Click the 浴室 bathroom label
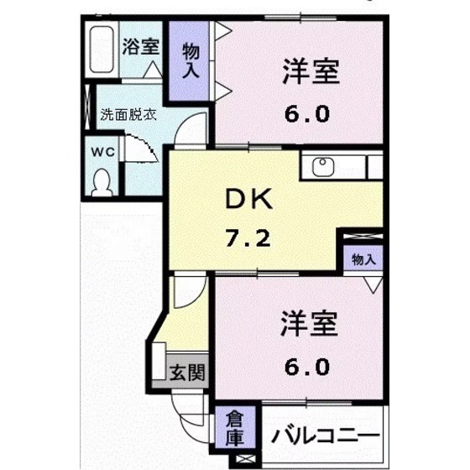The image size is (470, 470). (x=140, y=46)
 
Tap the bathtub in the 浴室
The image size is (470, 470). (x=102, y=52)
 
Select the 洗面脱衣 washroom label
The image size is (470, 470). (x=128, y=115)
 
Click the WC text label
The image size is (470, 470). (x=102, y=152)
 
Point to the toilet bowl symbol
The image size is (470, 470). (x=102, y=180)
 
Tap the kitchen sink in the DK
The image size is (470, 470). (x=323, y=166)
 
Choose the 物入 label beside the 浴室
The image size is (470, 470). (x=191, y=60)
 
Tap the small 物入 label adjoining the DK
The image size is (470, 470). (x=363, y=259)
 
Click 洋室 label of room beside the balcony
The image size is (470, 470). (x=308, y=323)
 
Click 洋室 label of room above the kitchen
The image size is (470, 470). (x=310, y=73)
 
